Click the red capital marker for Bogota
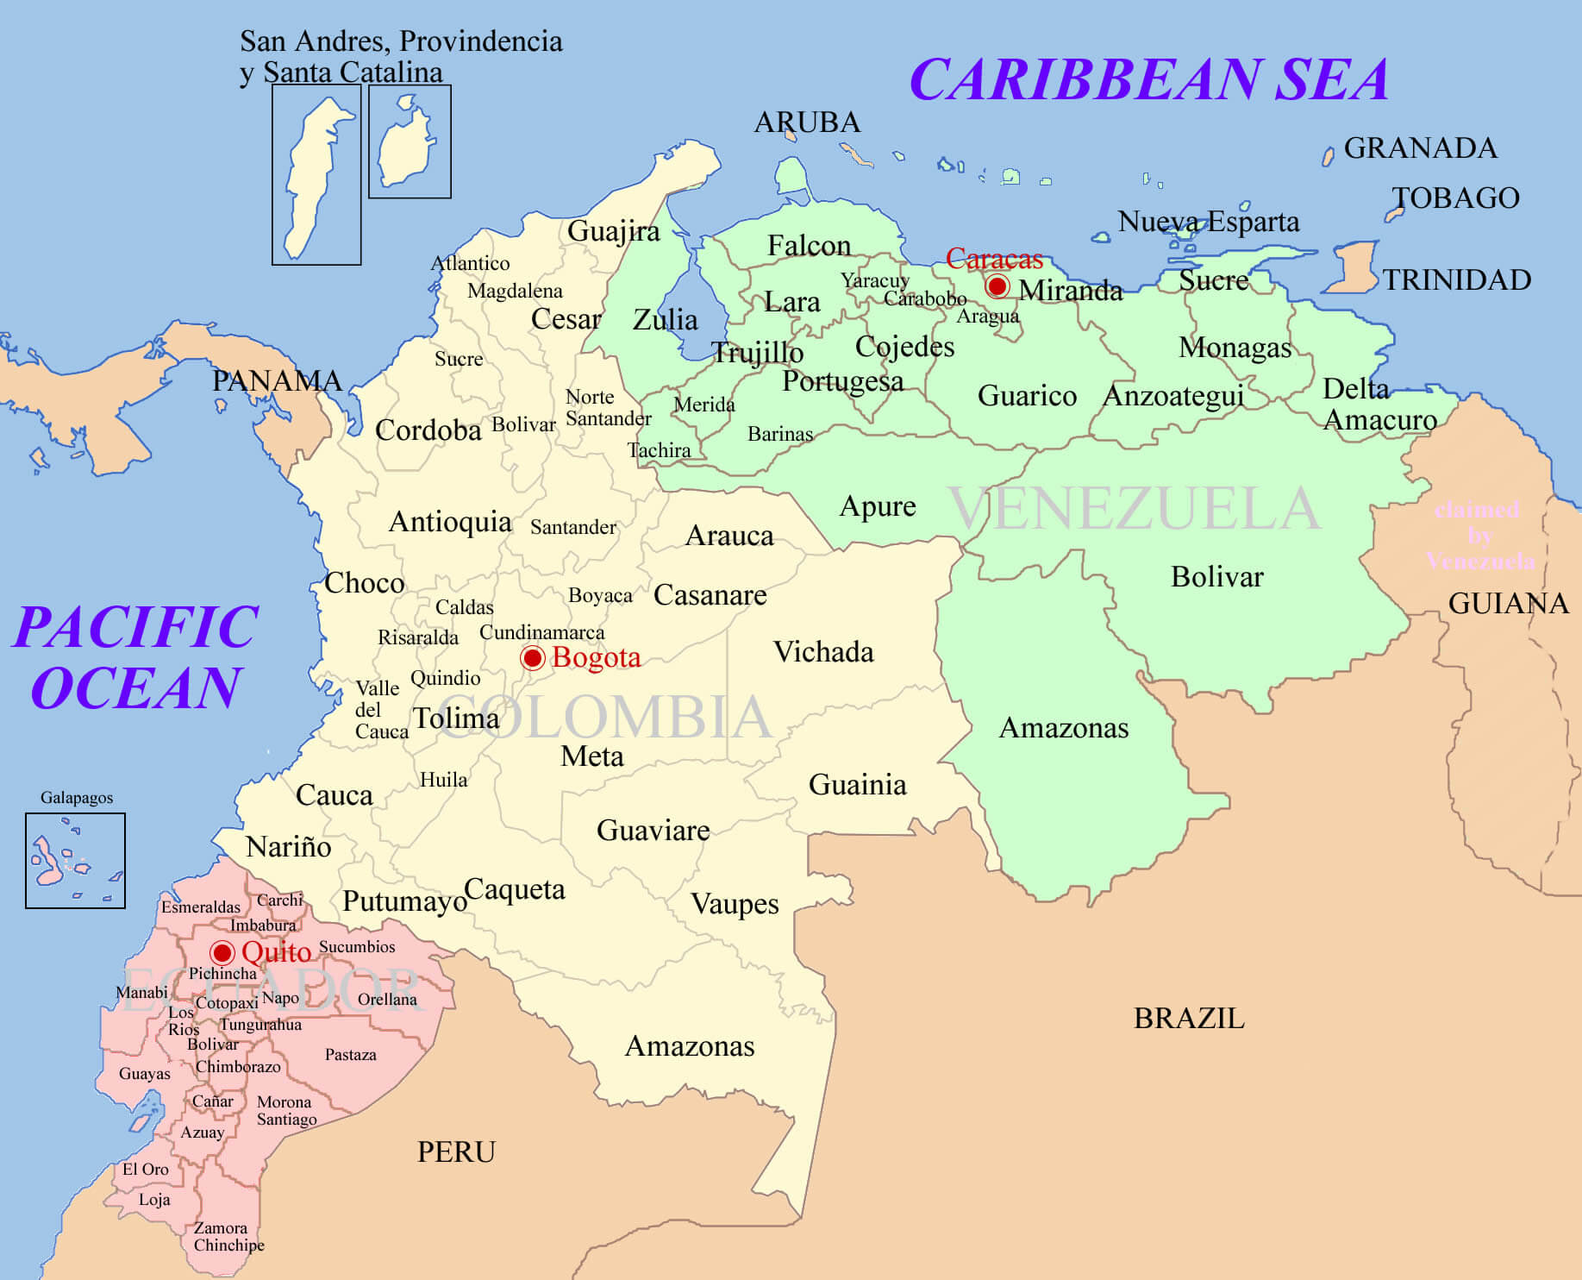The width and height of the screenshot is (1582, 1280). [x=533, y=658]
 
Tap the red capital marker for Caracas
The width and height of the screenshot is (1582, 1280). [x=997, y=285]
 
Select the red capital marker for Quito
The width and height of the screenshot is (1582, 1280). [x=222, y=952]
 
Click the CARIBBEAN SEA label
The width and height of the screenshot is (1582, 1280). [x=1148, y=79]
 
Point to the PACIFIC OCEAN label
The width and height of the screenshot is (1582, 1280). [x=136, y=657]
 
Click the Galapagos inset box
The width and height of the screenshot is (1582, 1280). [x=75, y=860]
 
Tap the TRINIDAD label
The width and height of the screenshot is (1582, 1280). [x=1457, y=280]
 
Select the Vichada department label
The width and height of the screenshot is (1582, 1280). [x=823, y=652]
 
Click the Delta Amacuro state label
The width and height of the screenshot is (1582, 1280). [x=1378, y=405]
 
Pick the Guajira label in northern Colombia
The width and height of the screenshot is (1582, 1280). [x=613, y=231]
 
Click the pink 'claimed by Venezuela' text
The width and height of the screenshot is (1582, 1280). [x=1479, y=536]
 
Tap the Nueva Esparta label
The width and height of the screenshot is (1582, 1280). [x=1208, y=222]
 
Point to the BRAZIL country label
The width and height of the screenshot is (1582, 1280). [x=1189, y=1019]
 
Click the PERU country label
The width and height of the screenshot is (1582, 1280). [x=456, y=1152]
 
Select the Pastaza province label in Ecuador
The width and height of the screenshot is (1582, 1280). [x=350, y=1055]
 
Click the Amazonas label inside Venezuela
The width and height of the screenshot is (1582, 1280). [x=1063, y=728]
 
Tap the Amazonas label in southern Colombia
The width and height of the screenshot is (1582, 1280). [x=689, y=1046]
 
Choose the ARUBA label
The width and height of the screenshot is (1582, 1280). [x=807, y=122]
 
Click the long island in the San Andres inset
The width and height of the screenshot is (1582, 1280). [x=311, y=177]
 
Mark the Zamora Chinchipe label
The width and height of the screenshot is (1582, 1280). [x=228, y=1237]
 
